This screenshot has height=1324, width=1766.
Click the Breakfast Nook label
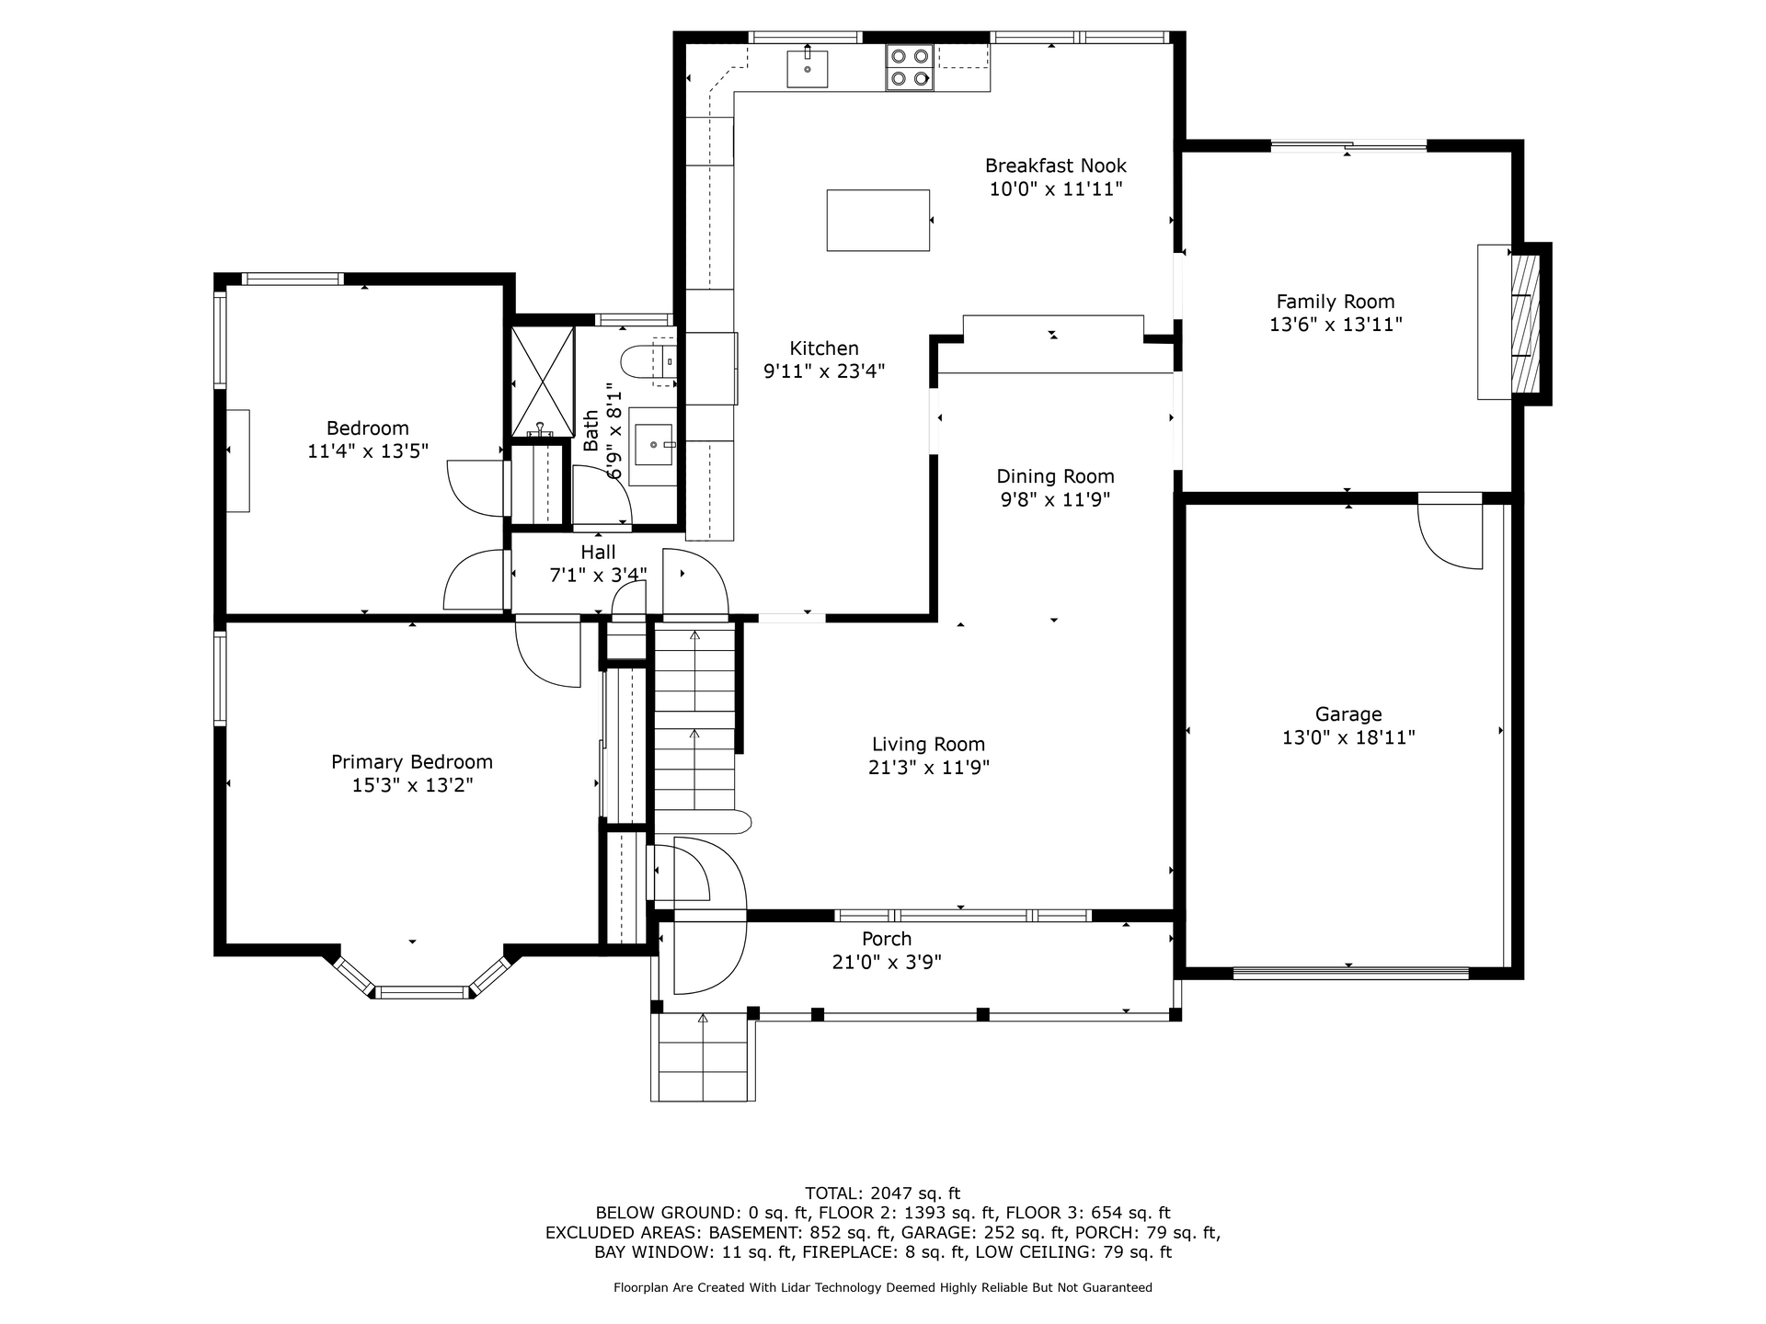pyautogui.click(x=1055, y=165)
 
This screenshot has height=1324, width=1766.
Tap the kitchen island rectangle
pyautogui.click(x=877, y=220)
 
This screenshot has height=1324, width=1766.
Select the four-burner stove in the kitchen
pyautogui.click(x=910, y=67)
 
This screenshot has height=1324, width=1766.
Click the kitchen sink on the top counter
pyautogui.click(x=807, y=68)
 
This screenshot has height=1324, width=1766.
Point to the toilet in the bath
pyautogui.click(x=649, y=361)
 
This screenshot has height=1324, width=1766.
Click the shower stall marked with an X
pyautogui.click(x=542, y=382)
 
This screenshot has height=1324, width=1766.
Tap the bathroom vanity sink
pyautogui.click(x=653, y=445)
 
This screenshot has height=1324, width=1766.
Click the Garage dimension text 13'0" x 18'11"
pyautogui.click(x=1348, y=737)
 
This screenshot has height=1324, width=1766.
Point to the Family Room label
pyautogui.click(x=1336, y=302)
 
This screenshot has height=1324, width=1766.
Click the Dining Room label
pyautogui.click(x=1055, y=476)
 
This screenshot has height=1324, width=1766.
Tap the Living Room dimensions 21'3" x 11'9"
pyautogui.click(x=929, y=768)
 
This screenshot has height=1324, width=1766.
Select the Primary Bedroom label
pyautogui.click(x=412, y=762)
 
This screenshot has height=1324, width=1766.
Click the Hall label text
pyautogui.click(x=598, y=552)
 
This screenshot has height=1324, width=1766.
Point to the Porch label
pyautogui.click(x=887, y=939)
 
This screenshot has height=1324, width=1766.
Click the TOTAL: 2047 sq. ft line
pyautogui.click(x=883, y=1193)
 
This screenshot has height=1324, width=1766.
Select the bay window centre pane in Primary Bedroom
pyautogui.click(x=423, y=992)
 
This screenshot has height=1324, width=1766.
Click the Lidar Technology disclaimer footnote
pyautogui.click(x=883, y=1288)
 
